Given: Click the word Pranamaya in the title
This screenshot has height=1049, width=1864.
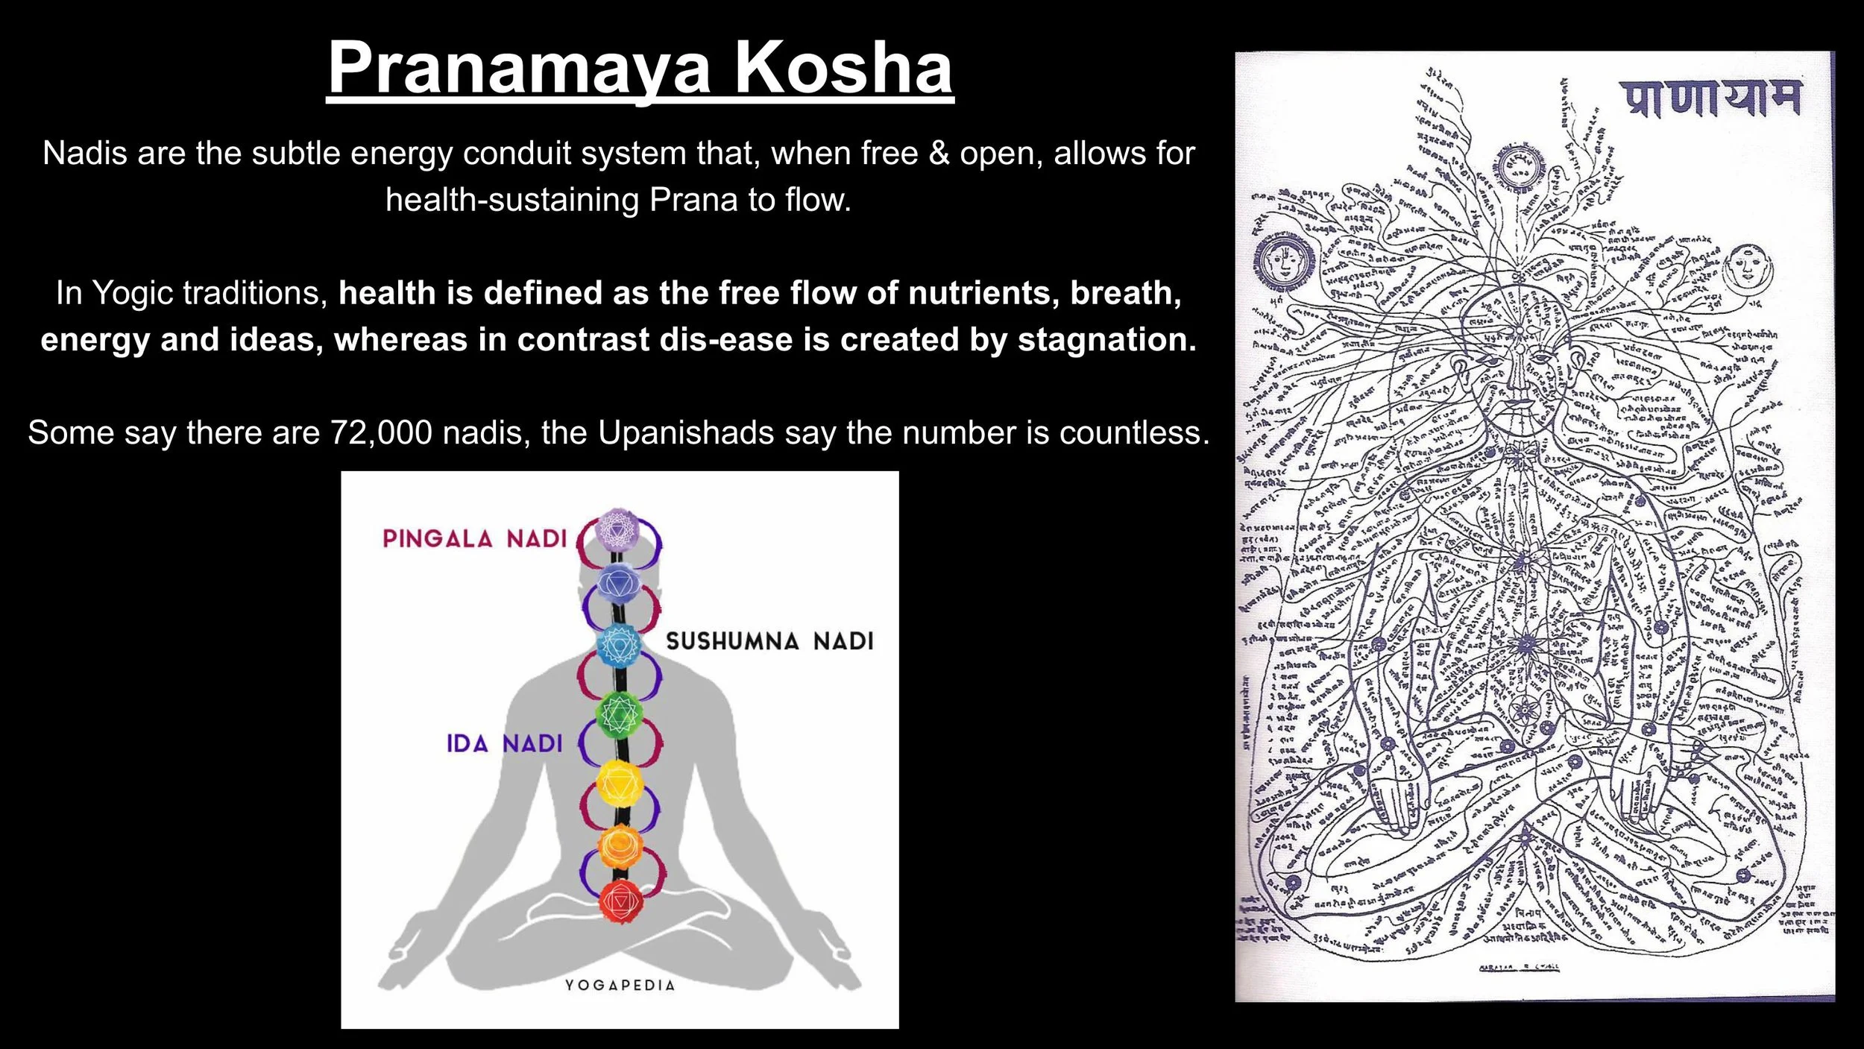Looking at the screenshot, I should point(521,69).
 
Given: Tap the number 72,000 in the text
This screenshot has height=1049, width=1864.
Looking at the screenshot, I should point(381,432).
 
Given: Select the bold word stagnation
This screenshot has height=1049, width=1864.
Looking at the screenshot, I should point(1106,340).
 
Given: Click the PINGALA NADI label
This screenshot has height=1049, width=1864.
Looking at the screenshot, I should point(475,538).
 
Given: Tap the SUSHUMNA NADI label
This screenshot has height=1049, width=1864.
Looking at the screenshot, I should point(769,641).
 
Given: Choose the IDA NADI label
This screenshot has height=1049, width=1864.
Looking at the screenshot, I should point(504,743).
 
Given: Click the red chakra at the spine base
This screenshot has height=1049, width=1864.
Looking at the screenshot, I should point(620,901).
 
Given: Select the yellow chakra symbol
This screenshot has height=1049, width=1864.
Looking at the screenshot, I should point(619,783).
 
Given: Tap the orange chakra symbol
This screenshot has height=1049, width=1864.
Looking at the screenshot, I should point(620,846).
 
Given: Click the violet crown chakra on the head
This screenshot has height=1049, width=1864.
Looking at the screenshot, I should point(618,529).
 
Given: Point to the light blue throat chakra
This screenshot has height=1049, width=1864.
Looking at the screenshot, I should point(619,646).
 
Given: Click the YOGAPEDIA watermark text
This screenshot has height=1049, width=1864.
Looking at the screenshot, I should point(620,985).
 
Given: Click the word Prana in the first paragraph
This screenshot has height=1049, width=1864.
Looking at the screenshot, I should point(693,200).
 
